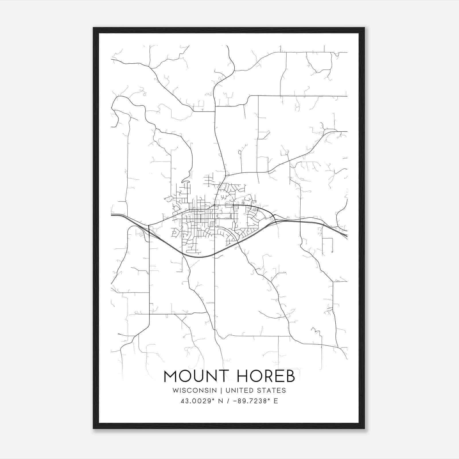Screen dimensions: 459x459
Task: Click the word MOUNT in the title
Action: pos(196,376)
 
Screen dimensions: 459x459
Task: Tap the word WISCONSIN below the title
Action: pos(195,390)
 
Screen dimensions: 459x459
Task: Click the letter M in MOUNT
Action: pos(170,376)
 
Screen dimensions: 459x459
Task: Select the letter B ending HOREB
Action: pos(290,376)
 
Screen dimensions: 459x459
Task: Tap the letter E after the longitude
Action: pos(276,401)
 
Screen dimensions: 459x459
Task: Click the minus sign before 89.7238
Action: pos(235,401)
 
